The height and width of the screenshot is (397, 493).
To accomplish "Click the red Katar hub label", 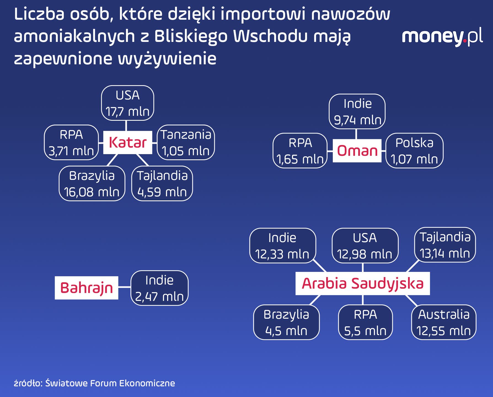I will pyautogui.click(x=128, y=143).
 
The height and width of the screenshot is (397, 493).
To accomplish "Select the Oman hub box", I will pyautogui.click(x=357, y=151).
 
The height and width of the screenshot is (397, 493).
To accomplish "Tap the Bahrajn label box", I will pyautogui.click(x=87, y=288).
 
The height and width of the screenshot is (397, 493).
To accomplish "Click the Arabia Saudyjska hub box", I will pyautogui.click(x=363, y=283).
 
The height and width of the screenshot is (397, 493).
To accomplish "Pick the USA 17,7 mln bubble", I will pyautogui.click(x=128, y=103).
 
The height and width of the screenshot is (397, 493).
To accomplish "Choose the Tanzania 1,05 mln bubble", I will pyautogui.click(x=186, y=143).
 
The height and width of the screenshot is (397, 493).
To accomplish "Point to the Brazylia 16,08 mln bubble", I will pyautogui.click(x=92, y=184).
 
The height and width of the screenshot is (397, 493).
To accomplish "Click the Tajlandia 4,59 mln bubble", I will pyautogui.click(x=162, y=184).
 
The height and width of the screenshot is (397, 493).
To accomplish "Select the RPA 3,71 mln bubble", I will pyautogui.click(x=71, y=143).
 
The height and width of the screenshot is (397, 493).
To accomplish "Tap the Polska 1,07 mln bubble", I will pyautogui.click(x=414, y=151).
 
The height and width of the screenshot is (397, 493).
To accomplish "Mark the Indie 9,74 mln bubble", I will pyautogui.click(x=357, y=112).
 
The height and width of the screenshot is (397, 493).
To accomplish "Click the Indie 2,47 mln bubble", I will pyautogui.click(x=159, y=288).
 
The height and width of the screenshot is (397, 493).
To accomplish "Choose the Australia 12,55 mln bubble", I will pyautogui.click(x=444, y=322).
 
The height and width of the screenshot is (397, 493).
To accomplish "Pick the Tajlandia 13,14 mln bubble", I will pyautogui.click(x=445, y=245).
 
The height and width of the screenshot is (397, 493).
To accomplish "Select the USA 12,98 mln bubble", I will pyautogui.click(x=365, y=246).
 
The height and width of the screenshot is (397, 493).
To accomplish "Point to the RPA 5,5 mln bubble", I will pyautogui.click(x=365, y=322).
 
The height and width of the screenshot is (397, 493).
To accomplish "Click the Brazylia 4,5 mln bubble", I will pyautogui.click(x=286, y=322).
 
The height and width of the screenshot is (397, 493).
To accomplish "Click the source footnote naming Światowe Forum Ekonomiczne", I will pyautogui.click(x=94, y=383).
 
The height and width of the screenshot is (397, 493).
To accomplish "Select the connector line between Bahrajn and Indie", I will pyautogui.click(x=124, y=287).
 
